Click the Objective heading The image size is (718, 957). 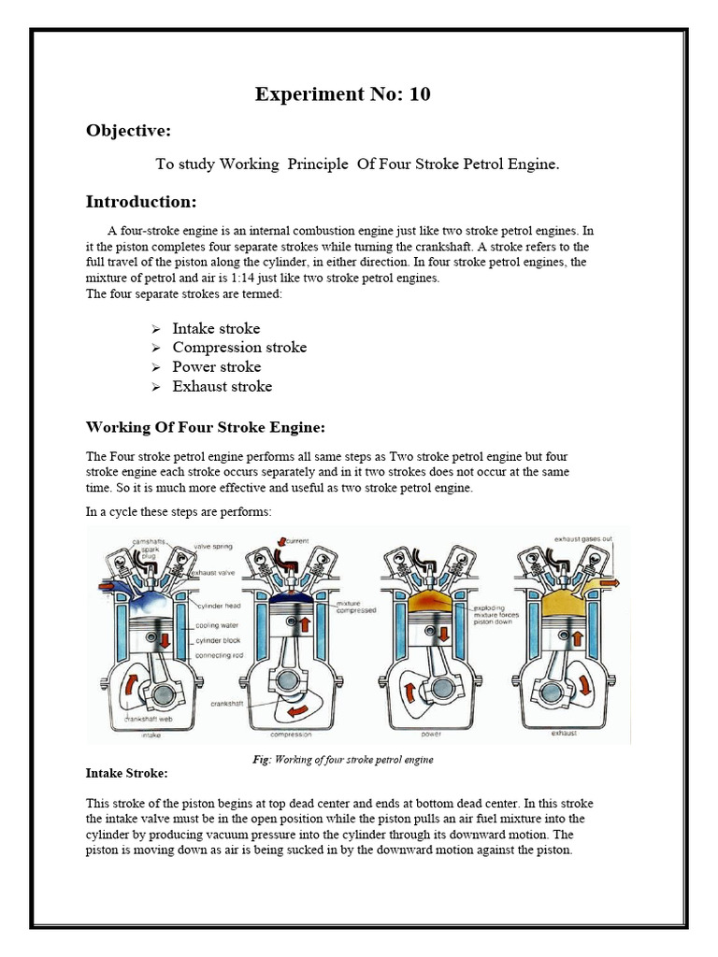coord(128,131)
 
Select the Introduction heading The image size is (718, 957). coord(141,202)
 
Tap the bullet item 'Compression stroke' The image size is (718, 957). coord(239,348)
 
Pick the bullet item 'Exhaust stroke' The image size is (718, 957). coord(223,386)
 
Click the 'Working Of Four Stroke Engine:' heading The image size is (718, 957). coord(206,428)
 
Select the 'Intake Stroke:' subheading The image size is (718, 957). coord(127,774)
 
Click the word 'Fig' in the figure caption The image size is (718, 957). coord(261,760)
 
